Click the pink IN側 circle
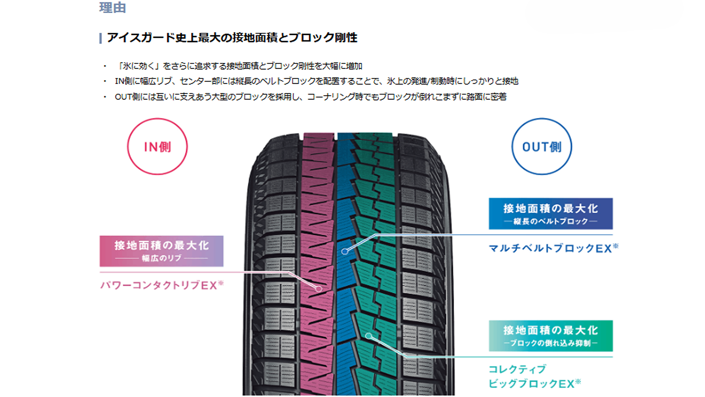tap(157, 146)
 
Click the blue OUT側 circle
tap(542, 146)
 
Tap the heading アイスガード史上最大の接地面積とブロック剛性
tap(232, 37)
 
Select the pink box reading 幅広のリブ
tap(161, 251)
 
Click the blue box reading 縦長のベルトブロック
tap(550, 214)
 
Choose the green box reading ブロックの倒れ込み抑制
tap(550, 336)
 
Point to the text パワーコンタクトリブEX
tap(159, 285)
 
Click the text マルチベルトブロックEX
tap(550, 248)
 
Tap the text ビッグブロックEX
tap(531, 384)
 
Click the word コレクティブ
tap(517, 369)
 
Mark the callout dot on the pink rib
tap(319, 289)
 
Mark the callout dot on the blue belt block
tap(344, 251)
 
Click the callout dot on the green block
tap(368, 336)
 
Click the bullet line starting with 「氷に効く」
tap(239, 66)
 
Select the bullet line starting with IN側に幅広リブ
tap(316, 81)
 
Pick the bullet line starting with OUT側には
tap(310, 97)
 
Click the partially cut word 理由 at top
tap(113, 7)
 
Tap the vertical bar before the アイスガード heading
tap(101, 38)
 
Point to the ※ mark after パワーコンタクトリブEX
tap(221, 283)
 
